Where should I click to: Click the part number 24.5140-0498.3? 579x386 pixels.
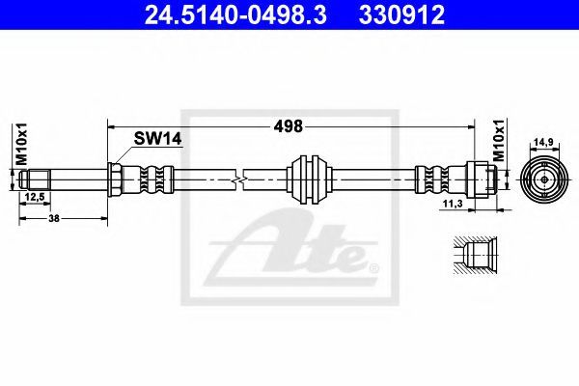click(x=235, y=15)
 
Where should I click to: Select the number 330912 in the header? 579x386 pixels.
click(x=401, y=15)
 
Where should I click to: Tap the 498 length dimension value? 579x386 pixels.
click(x=288, y=126)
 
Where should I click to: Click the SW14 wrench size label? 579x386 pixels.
click(x=157, y=139)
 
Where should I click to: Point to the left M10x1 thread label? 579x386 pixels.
click(x=21, y=144)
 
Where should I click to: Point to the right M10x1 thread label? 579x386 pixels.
click(x=499, y=140)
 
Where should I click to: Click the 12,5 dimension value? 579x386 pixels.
click(x=35, y=197)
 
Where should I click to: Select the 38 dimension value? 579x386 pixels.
click(x=54, y=218)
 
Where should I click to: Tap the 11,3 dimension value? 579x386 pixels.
click(x=453, y=204)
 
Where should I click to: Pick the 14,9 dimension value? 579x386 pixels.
click(x=543, y=142)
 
